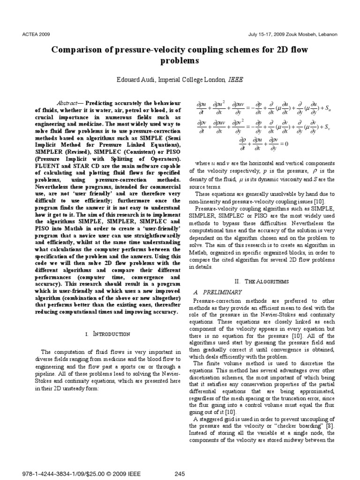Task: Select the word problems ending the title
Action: tap(180, 61)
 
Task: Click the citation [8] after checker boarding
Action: tap(330, 426)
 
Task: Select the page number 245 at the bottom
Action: tap(180, 474)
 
